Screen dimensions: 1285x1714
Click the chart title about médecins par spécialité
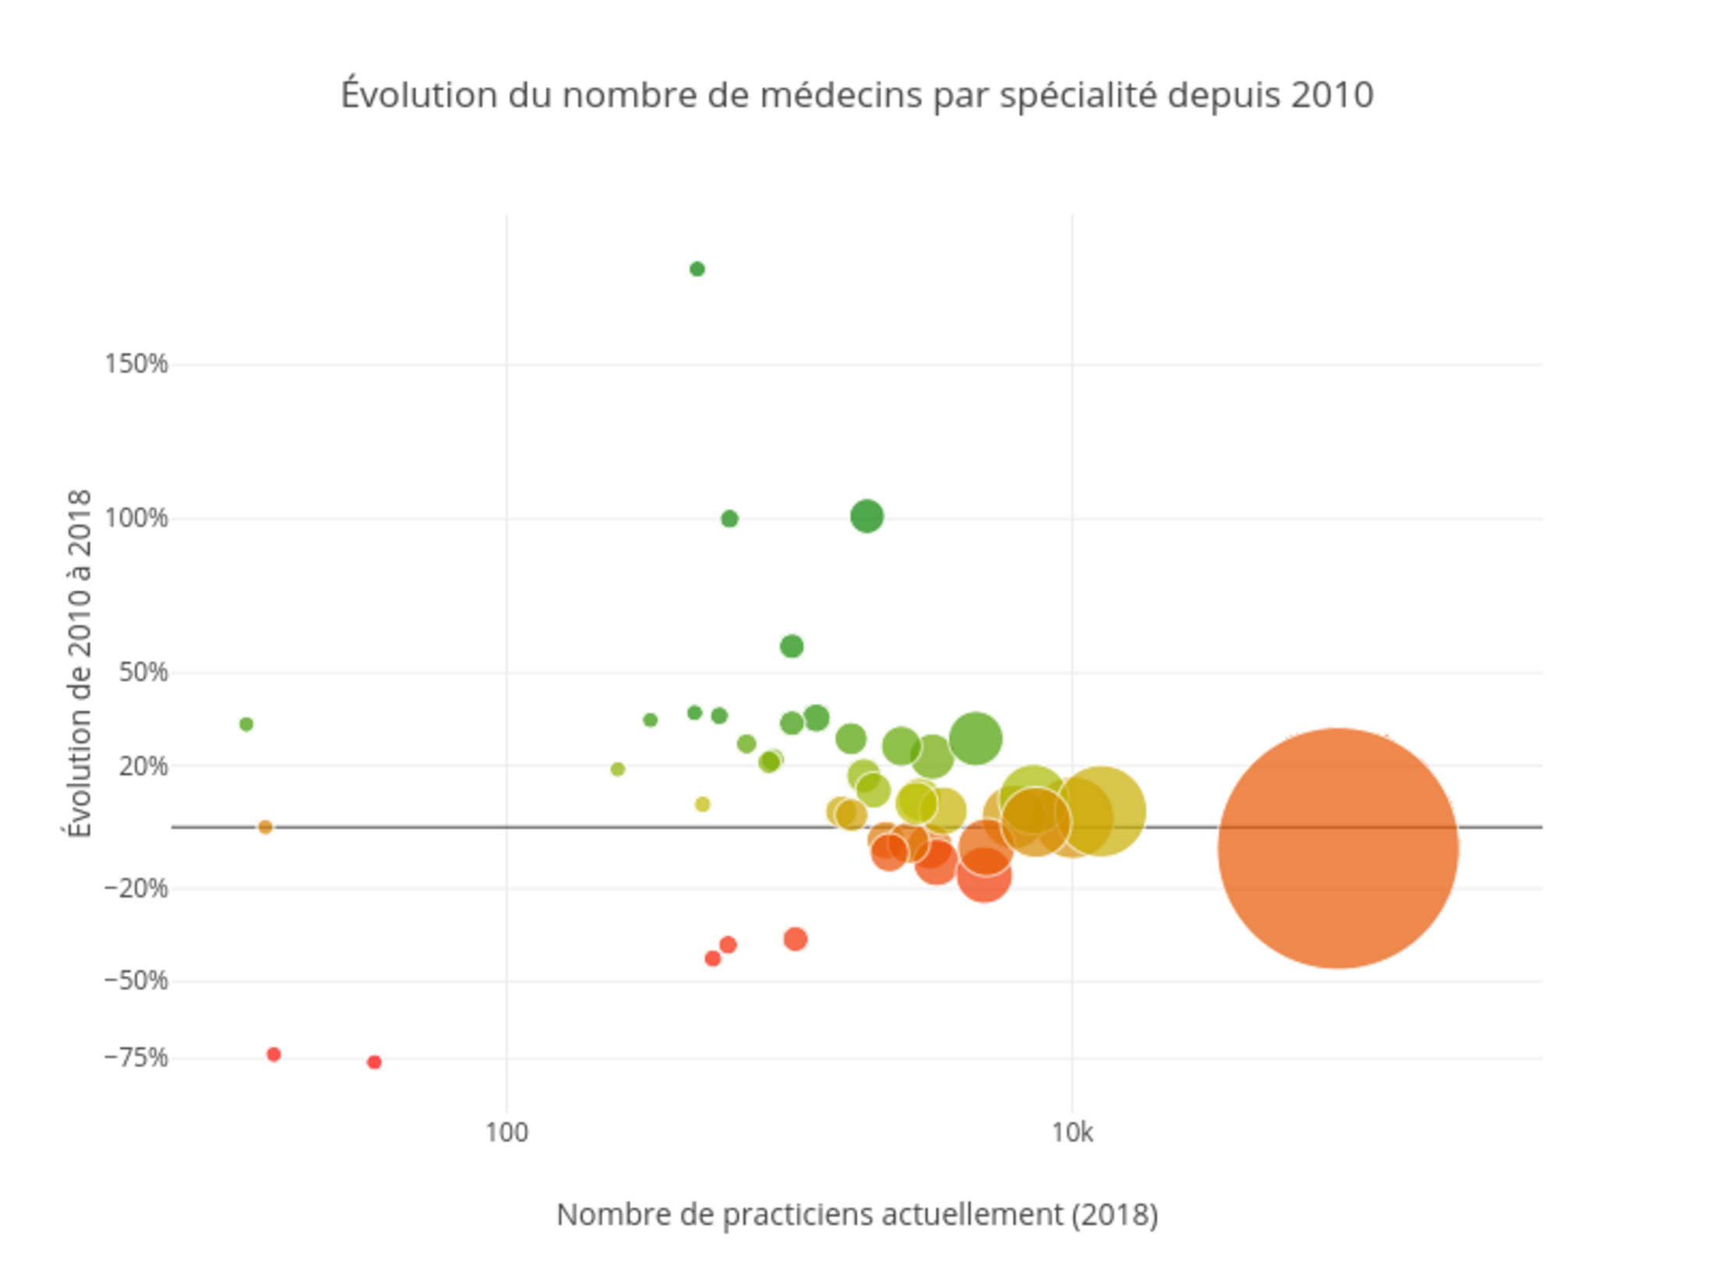click(x=857, y=95)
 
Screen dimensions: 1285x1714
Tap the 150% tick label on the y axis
click(x=136, y=364)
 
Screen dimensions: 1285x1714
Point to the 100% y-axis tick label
click(x=136, y=518)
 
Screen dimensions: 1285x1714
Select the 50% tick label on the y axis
click(x=143, y=672)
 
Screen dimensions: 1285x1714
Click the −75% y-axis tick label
click(x=136, y=1058)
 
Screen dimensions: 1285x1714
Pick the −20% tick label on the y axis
click(x=136, y=888)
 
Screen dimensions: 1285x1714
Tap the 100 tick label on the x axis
click(x=506, y=1132)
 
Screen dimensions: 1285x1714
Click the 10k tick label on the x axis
click(x=1072, y=1132)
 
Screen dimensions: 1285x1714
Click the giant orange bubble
click(x=1338, y=848)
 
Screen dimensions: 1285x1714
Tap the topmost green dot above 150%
click(x=697, y=269)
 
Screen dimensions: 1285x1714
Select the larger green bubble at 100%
click(x=866, y=516)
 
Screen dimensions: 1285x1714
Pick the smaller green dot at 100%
click(x=729, y=519)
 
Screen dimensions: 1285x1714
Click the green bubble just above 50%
click(x=792, y=646)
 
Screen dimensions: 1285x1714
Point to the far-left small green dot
click(x=246, y=724)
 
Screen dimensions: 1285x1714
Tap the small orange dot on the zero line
click(x=265, y=827)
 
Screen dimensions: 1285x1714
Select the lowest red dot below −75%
click(x=374, y=1062)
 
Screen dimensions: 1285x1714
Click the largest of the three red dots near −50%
click(x=795, y=939)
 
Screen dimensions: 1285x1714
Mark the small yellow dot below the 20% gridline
click(x=703, y=804)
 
